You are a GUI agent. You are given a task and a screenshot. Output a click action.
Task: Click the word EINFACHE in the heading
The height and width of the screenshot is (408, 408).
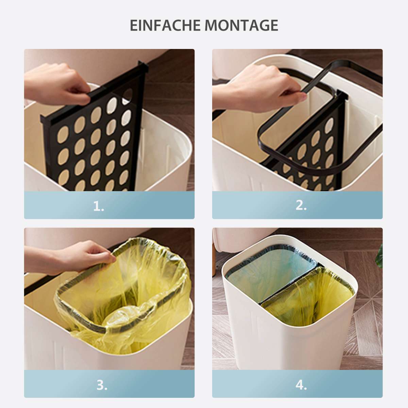point(165,26)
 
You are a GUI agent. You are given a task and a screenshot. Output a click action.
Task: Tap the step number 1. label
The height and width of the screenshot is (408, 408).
point(99,206)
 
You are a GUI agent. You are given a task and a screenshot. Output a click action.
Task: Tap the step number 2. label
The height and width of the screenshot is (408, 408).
point(301,206)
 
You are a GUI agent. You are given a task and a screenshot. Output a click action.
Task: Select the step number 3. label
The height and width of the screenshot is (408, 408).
point(102,385)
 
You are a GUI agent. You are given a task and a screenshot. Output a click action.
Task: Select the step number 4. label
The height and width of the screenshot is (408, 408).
point(301,385)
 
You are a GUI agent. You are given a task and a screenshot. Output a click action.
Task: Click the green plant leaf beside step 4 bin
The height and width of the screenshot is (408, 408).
point(379,256)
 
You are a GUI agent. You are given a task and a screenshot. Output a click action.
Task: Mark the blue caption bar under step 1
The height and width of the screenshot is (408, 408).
point(109,205)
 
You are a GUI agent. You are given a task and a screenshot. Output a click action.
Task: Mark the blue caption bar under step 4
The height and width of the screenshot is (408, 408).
point(297,384)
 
